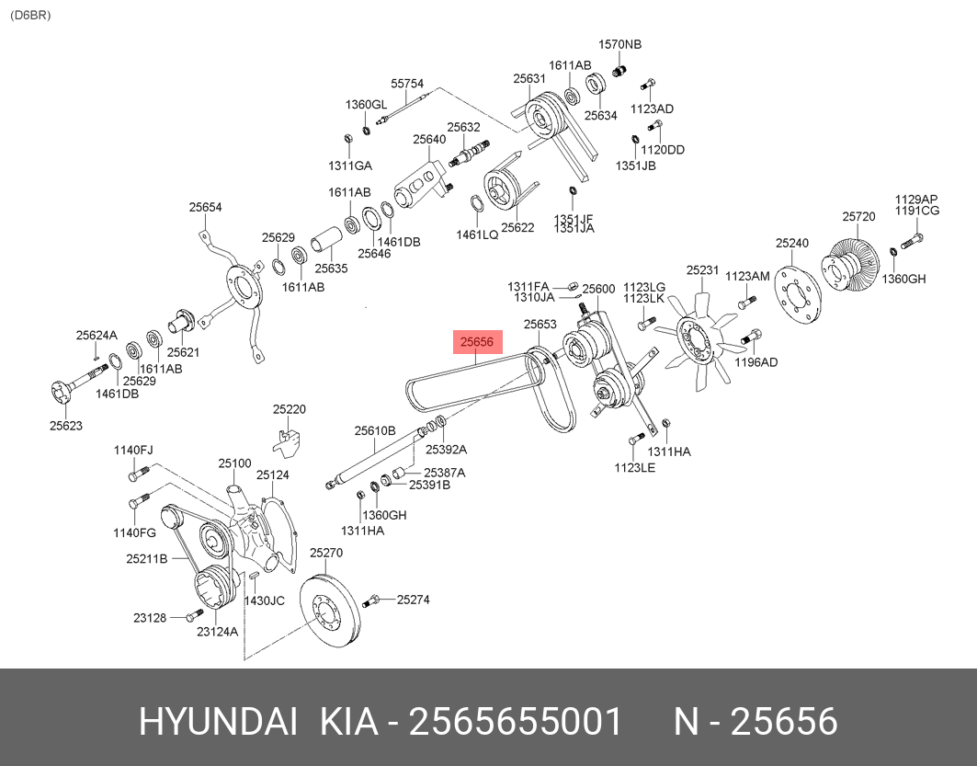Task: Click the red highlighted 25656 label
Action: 478,342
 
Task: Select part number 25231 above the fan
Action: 702,270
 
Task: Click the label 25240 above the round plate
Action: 791,244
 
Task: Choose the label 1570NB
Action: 620,44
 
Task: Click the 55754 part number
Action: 407,83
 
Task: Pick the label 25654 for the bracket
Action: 206,208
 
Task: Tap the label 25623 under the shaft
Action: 66,425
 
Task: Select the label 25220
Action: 289,409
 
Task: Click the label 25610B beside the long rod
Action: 375,430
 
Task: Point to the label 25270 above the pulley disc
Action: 325,553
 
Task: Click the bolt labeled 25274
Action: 371,601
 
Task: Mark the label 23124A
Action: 217,632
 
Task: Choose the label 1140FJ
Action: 133,450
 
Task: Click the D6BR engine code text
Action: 30,16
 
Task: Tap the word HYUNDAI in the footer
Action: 218,722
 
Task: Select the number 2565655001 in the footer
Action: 515,722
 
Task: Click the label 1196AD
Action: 755,362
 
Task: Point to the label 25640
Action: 428,140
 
